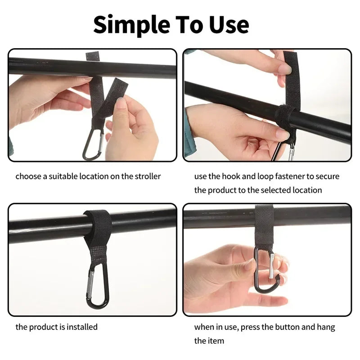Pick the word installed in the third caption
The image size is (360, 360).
[x=82, y=327]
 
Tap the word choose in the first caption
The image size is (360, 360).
[x=28, y=176]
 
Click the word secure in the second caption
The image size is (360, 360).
[x=327, y=176]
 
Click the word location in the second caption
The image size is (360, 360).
[x=307, y=190]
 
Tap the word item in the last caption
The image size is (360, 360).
[x=216, y=341]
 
